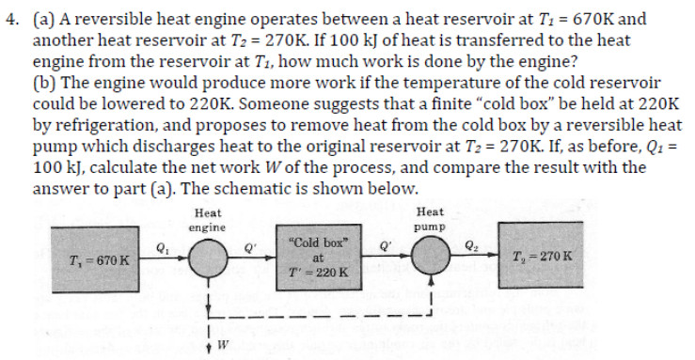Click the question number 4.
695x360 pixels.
click(10, 16)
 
